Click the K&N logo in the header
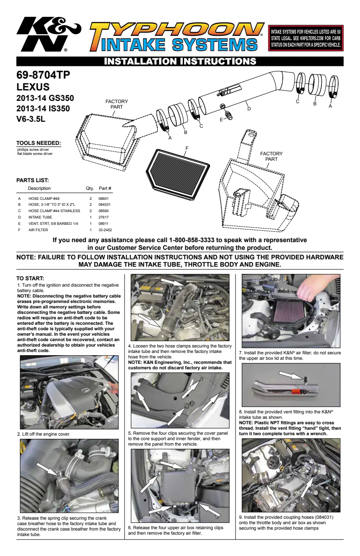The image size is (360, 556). tap(49, 34)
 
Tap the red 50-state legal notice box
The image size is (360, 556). tap(305, 38)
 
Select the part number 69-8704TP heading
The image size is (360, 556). tap(43, 74)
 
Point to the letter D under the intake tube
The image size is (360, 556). tap(249, 109)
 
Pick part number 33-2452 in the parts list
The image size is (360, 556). tap(105, 230)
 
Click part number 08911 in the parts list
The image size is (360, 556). tap(103, 223)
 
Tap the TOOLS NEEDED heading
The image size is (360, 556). tap(39, 143)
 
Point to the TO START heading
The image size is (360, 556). tap(30, 278)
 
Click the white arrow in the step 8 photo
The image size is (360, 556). tap(291, 375)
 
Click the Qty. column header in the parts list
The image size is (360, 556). tap(90, 189)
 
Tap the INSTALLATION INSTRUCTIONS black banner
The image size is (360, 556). tap(180, 61)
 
